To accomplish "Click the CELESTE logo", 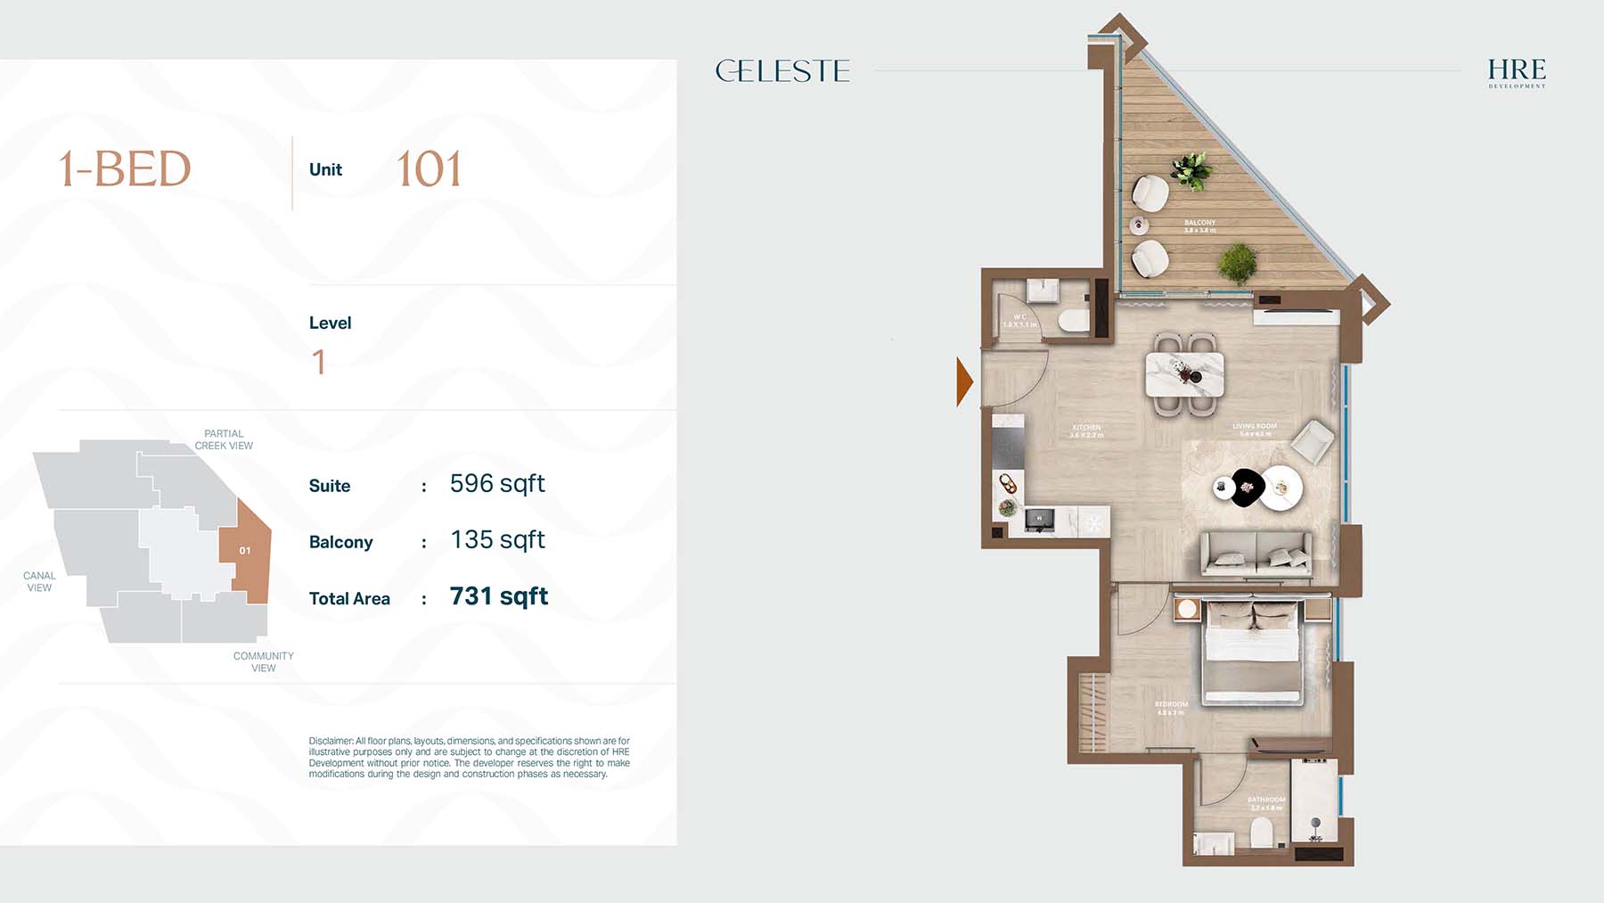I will coord(782,70).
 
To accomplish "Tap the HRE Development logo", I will coord(1516,72).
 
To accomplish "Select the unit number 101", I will coord(429,169).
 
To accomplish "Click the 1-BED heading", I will coord(125,169).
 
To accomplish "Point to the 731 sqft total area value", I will coord(498,596).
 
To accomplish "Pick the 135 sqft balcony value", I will coord(497,540).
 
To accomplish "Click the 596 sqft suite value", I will coord(497,484).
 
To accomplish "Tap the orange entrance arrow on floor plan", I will coord(963,382).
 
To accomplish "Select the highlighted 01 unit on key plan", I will coord(245,551).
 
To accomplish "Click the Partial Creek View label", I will coord(224,439).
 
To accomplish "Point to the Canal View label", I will coord(39,581).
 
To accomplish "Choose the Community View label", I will coord(263,661).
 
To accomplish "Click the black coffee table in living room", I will coord(1247,488).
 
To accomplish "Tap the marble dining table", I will coord(1184,374).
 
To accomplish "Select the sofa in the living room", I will coord(1256,554).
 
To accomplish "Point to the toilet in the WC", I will coord(1074,320).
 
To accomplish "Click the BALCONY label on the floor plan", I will coord(1199,223).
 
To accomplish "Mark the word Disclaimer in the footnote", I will coord(331,741).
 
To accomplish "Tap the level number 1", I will coord(319,362).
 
